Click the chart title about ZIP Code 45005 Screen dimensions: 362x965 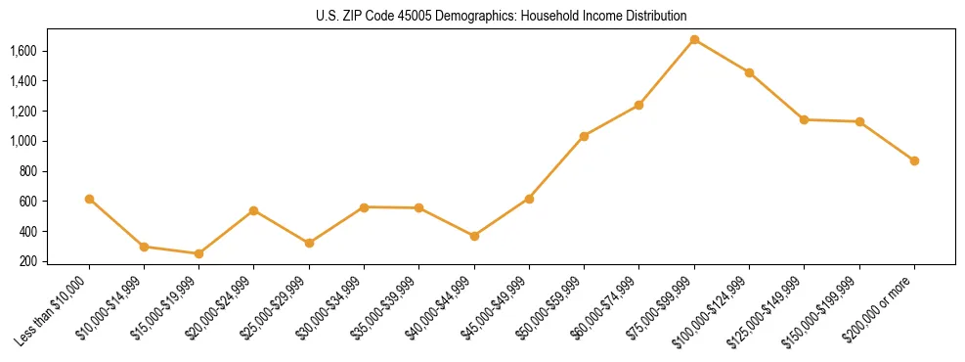coord(501,17)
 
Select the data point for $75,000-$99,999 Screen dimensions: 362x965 coord(694,40)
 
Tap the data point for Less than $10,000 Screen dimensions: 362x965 coord(89,199)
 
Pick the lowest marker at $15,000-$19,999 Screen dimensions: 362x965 coord(198,253)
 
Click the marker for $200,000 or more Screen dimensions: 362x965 coord(914,160)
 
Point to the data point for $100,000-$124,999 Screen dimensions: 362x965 coord(749,72)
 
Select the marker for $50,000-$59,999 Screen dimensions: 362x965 coord(584,136)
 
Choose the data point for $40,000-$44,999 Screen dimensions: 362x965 coord(474,236)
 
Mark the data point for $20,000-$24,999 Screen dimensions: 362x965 coord(254,210)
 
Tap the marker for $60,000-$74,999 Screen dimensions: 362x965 coord(639,105)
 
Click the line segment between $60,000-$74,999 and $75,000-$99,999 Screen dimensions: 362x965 coord(667,72)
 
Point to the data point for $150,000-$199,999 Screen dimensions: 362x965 coord(859,121)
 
